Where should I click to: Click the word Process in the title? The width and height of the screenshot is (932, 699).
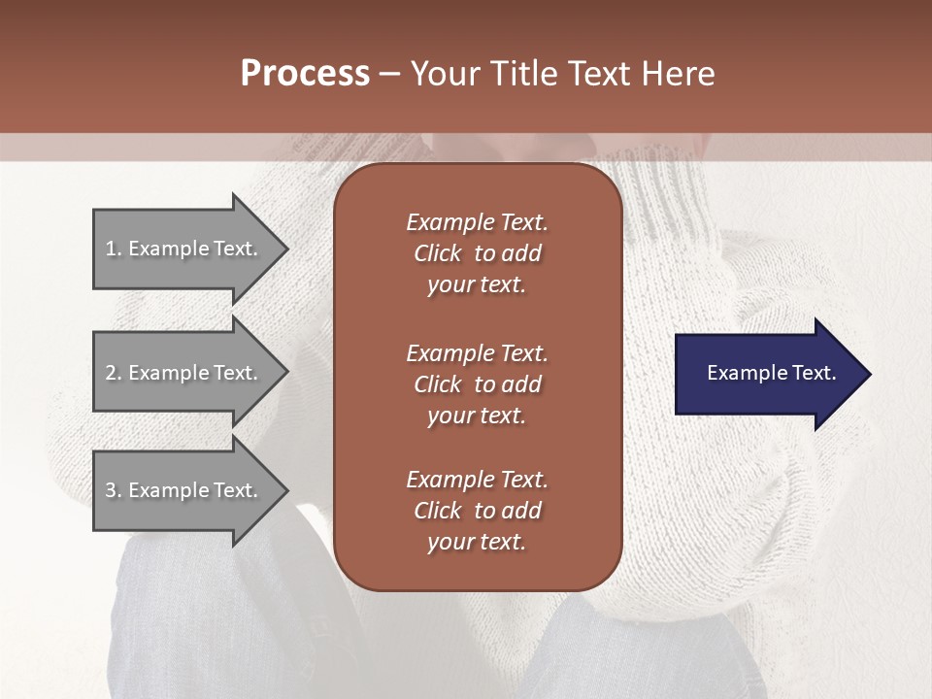305,74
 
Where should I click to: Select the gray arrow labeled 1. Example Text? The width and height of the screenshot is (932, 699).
184,249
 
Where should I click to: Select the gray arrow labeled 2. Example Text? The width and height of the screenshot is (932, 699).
184,373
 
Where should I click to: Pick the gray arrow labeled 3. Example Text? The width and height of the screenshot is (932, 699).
184,490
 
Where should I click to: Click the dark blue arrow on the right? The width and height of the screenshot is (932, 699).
767,373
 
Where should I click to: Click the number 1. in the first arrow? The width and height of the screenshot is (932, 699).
114,249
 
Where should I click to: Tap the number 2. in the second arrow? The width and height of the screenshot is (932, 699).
114,373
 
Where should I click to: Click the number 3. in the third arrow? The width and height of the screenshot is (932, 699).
114,490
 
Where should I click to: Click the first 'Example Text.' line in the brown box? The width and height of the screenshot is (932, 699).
477,222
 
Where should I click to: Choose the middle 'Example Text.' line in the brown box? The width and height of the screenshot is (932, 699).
477,352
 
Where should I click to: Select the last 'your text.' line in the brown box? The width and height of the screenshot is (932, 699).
477,543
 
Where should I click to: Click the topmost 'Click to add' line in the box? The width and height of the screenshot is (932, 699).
477,253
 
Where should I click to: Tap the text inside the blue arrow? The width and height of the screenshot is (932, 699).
771,373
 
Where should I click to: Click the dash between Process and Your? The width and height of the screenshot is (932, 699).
389,74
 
